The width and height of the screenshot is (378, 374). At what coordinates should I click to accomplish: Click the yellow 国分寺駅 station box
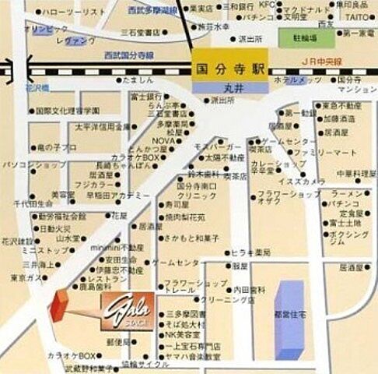point(229,68)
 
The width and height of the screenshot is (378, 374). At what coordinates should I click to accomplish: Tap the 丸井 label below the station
point(229,87)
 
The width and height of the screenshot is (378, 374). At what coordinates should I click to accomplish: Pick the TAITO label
point(358,16)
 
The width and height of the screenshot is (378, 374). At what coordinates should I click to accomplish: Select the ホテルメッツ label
point(299,80)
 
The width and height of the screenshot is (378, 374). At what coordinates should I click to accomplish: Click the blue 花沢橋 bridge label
point(38,88)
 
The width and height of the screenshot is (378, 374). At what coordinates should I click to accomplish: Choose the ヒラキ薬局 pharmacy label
point(250,252)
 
